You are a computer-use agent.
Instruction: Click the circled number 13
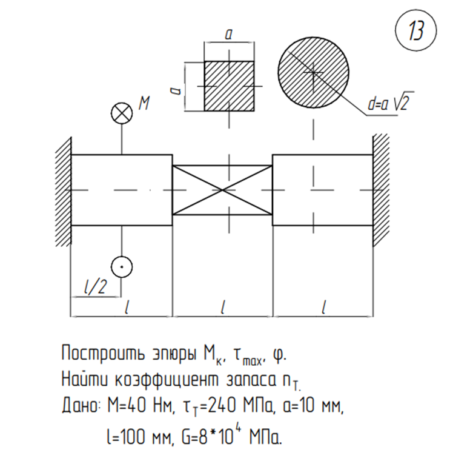point(415,31)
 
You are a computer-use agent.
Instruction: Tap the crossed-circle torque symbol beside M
point(122,113)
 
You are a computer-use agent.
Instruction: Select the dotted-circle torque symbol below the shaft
point(122,267)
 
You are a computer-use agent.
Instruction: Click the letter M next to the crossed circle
point(144,103)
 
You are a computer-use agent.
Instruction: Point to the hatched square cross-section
point(229,86)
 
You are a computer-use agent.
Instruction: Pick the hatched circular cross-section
point(314,72)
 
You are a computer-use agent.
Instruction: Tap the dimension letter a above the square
point(229,35)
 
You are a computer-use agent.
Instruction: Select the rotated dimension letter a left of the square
point(176,90)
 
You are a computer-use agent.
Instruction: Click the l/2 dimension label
point(95,287)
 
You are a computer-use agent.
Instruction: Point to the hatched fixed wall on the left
point(64,192)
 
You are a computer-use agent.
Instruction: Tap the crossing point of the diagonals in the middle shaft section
point(223,190)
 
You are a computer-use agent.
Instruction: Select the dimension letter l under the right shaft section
point(323,308)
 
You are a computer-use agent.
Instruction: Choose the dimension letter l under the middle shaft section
point(222,308)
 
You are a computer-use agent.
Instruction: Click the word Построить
point(103,354)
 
